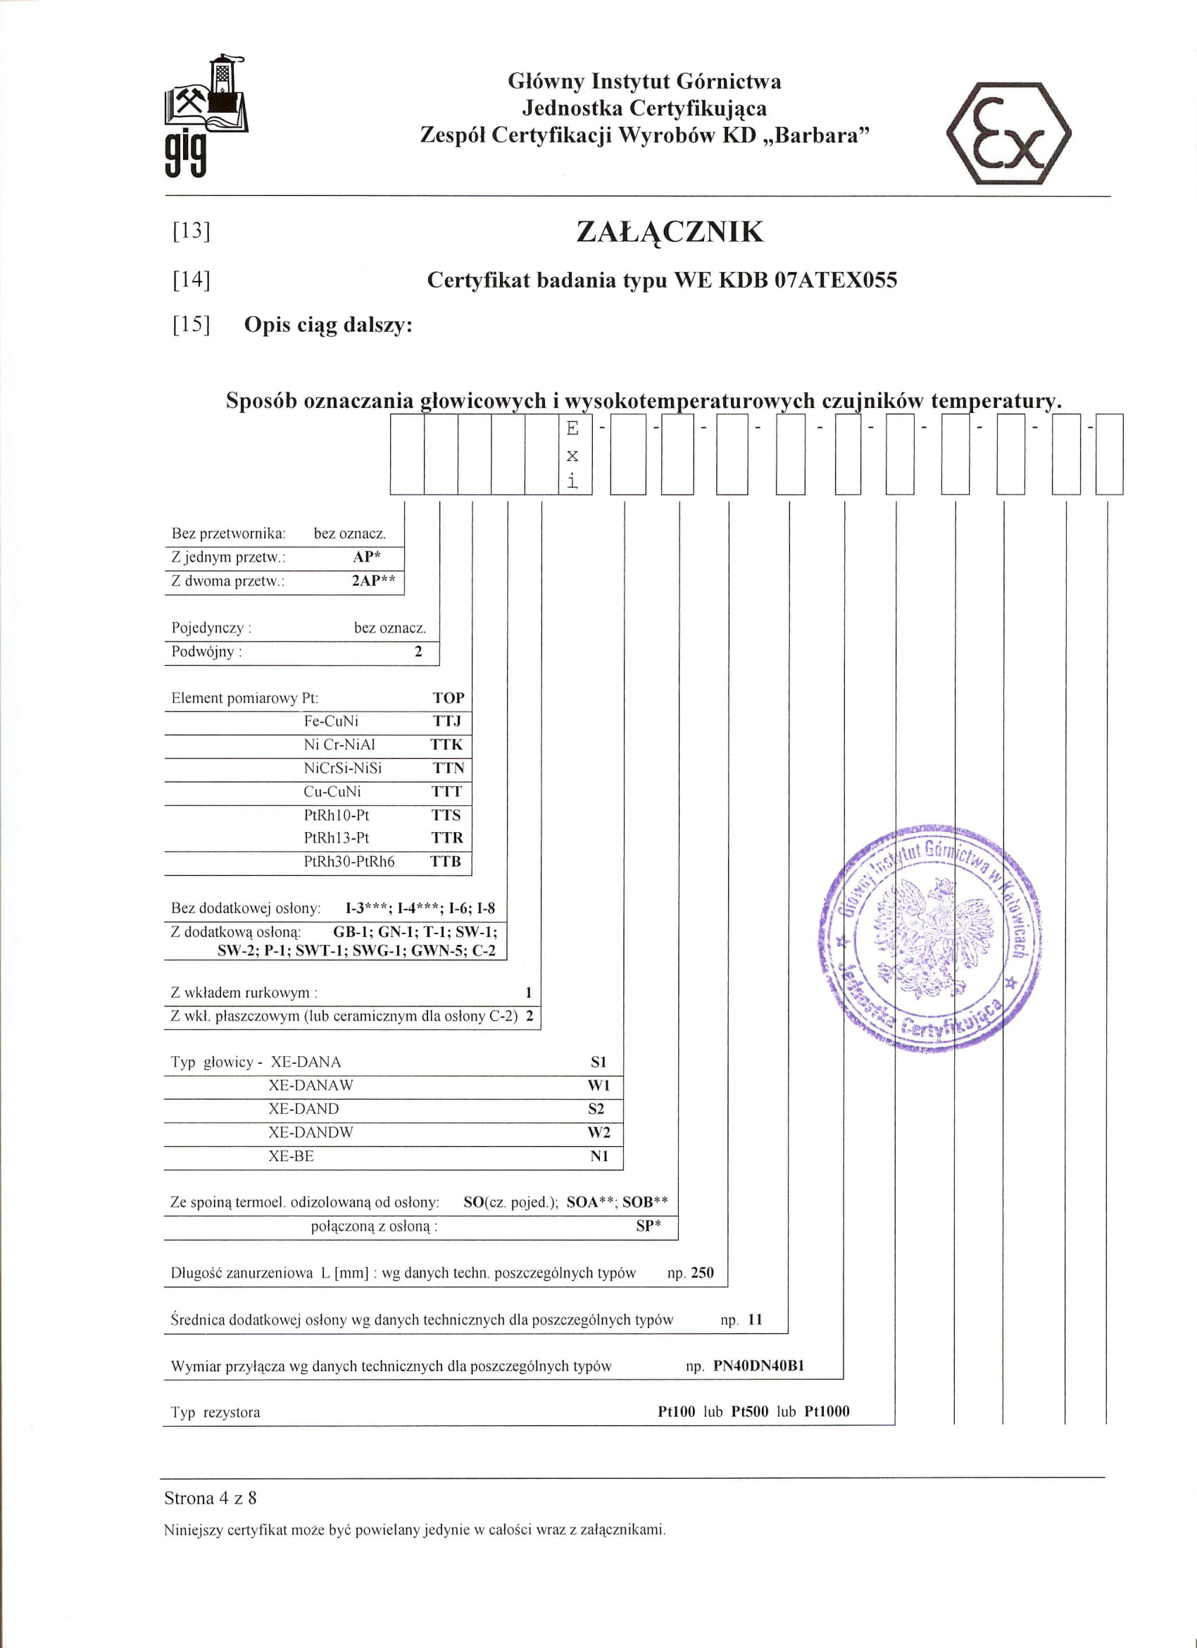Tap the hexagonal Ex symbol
click(1008, 134)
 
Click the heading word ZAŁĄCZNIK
click(670, 232)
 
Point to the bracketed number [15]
click(191, 324)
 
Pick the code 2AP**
click(373, 581)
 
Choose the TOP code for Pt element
click(448, 698)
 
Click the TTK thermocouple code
click(446, 745)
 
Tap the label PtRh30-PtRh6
click(349, 862)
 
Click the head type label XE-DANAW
click(311, 1086)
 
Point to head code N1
click(598, 1156)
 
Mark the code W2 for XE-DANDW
click(598, 1133)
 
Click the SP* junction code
click(648, 1226)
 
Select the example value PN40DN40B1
click(758, 1365)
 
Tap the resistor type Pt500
click(750, 1411)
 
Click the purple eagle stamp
click(930, 938)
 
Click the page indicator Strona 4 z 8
click(210, 1498)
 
